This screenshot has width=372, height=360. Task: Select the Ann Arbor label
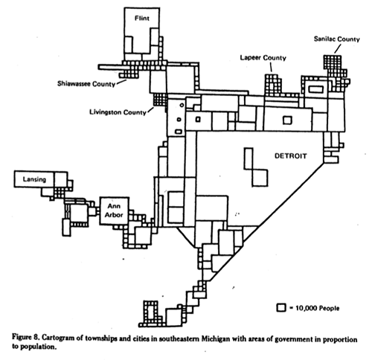115,210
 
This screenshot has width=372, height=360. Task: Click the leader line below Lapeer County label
272,68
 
